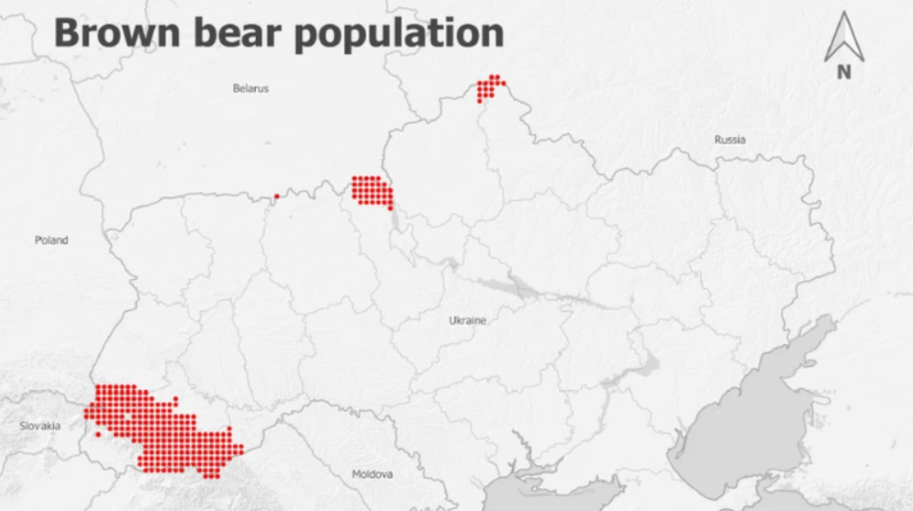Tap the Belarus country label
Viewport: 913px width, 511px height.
coord(251,89)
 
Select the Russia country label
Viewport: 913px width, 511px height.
coord(729,140)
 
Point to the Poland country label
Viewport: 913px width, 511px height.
coord(51,240)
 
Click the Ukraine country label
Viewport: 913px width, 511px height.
coord(467,321)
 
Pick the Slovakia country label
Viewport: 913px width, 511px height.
coord(40,426)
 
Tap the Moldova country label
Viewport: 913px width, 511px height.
coord(373,474)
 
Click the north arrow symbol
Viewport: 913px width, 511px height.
coord(844,39)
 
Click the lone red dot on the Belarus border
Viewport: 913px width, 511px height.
coord(276,195)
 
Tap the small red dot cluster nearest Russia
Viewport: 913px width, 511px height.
coord(489,87)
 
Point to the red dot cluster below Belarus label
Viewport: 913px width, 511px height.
coord(373,191)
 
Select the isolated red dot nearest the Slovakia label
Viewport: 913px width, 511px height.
coord(98,434)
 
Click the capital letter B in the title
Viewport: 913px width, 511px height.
coord(67,33)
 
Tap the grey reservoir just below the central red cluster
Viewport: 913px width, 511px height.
coord(395,220)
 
